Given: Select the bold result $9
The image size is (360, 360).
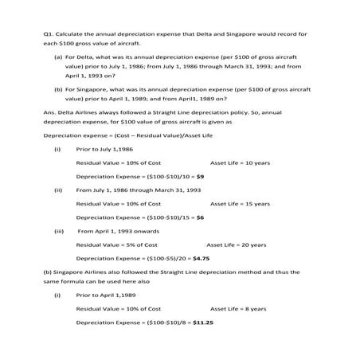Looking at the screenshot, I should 201,175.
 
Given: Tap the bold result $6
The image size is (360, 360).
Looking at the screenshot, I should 201,217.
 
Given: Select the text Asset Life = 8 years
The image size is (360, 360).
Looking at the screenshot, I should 237,309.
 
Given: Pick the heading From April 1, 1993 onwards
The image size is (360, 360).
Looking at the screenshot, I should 123,231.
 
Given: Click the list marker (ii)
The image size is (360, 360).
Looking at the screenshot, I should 57,190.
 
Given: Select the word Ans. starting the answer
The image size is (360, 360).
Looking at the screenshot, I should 49,112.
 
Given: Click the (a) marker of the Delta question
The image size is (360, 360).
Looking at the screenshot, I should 58,57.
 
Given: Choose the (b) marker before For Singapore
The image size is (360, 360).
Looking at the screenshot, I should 58,90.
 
